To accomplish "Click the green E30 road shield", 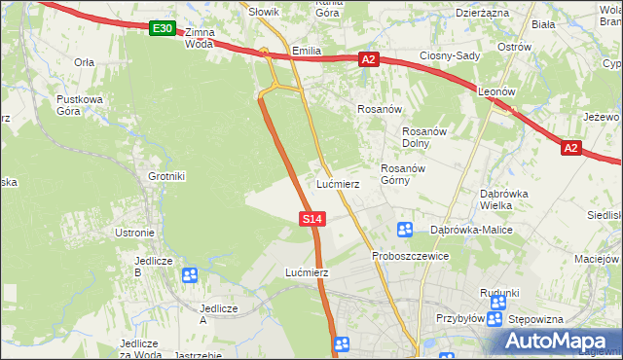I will tap(164, 30).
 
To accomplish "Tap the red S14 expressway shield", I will tap(311, 220).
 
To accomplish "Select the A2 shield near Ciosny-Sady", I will tap(368, 60).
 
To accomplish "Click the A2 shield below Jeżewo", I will tap(571, 149).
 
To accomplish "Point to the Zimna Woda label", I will tap(199, 38).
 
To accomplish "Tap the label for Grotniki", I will tap(166, 176).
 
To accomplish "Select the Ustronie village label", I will tap(134, 233).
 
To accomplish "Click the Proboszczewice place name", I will tap(409, 256).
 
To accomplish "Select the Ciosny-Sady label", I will tap(450, 55).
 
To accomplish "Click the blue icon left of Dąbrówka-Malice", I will tap(406, 230).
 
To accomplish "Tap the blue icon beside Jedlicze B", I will tap(189, 275).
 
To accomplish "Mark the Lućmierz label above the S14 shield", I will tap(338, 184).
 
